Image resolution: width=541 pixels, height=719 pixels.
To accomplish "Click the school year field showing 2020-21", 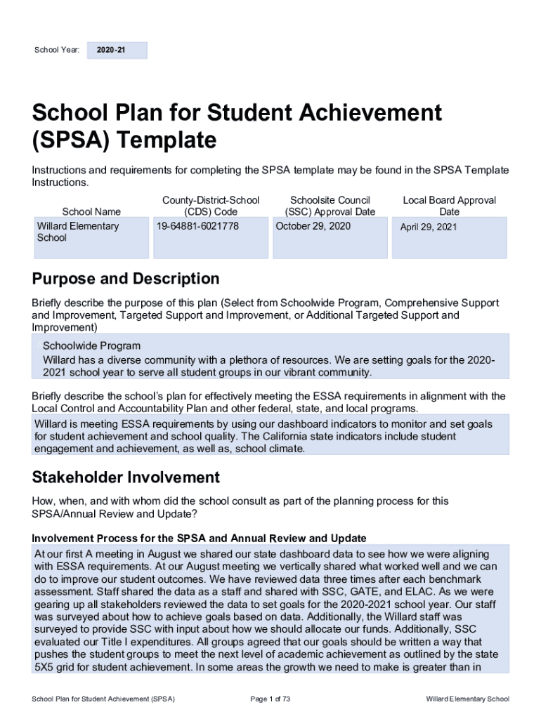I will [117, 51].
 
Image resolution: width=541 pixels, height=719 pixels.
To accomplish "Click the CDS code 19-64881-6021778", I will [198, 226].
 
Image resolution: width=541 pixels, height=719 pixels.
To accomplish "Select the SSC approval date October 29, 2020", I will [313, 226].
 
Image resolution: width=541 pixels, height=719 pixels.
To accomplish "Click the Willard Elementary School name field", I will [78, 232].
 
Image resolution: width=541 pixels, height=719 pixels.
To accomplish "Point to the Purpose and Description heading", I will [126, 279].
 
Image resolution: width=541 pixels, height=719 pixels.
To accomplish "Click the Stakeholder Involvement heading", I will [126, 478].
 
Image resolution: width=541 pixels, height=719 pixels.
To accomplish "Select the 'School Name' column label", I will [91, 211].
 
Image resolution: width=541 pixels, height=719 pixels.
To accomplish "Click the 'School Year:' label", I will [57, 51].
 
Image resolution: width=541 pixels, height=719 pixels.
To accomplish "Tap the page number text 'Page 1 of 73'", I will [270, 699].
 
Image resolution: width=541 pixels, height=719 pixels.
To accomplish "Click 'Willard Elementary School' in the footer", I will [467, 699].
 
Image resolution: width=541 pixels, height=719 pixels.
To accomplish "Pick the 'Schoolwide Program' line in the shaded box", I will [91, 346].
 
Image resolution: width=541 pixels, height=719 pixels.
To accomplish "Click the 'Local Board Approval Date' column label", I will [449, 206].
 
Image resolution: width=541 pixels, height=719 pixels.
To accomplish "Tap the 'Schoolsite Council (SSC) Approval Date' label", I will [330, 206].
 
